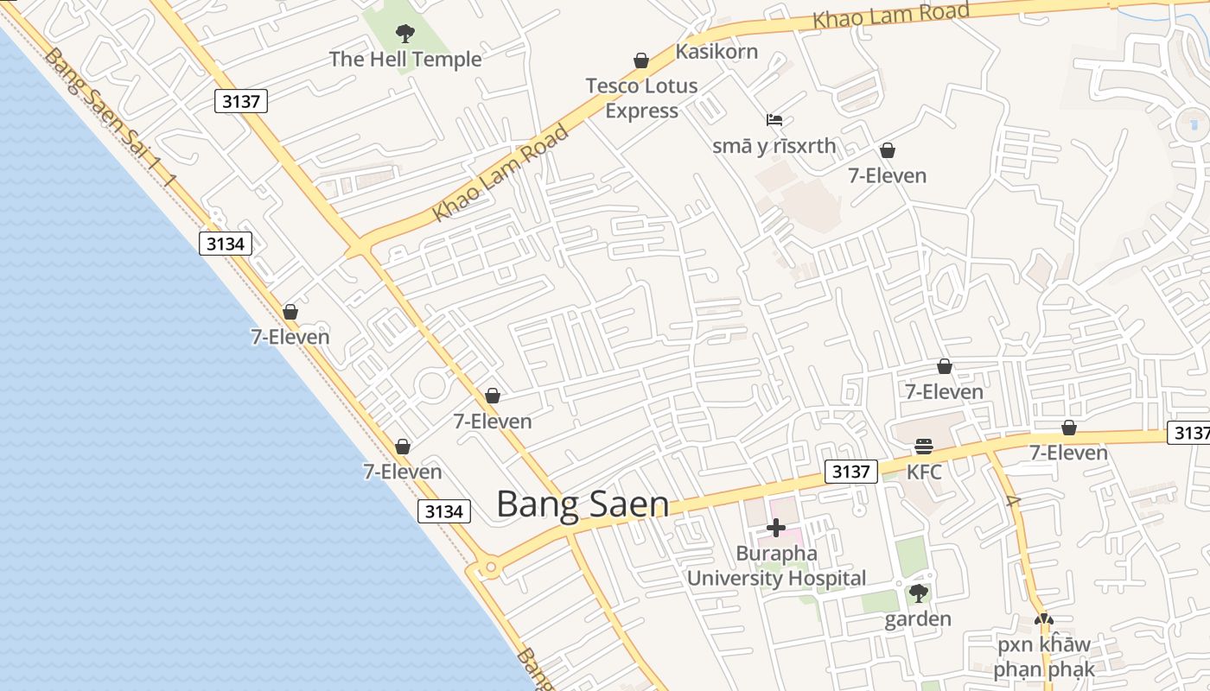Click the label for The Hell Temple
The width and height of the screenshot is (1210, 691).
coord(405,60)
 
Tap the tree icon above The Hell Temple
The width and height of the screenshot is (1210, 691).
coord(404,35)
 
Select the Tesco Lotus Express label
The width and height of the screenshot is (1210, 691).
coord(641,98)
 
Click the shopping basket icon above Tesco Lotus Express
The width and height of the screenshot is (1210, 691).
coord(641,60)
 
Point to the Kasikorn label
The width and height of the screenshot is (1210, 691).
coord(716,52)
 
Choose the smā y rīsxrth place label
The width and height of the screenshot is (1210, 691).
coord(774,146)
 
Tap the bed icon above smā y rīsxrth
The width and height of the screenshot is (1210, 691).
coord(774,120)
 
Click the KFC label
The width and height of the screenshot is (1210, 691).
coord(924,472)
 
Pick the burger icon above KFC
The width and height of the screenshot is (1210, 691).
coord(924,447)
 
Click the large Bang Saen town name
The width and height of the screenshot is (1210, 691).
coord(583,505)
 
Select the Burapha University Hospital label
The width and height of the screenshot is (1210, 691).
coord(776,566)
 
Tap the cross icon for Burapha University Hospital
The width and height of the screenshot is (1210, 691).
coord(776,528)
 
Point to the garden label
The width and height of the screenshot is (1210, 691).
coord(918,619)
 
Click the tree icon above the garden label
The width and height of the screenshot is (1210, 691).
coord(918,593)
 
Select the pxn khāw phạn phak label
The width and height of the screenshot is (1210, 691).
coord(1043,657)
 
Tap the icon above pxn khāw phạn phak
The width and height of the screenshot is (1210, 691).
coord(1044,619)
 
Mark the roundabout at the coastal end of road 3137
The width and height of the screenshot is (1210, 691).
coord(490,567)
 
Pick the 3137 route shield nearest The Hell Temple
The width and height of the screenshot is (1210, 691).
coord(241,102)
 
